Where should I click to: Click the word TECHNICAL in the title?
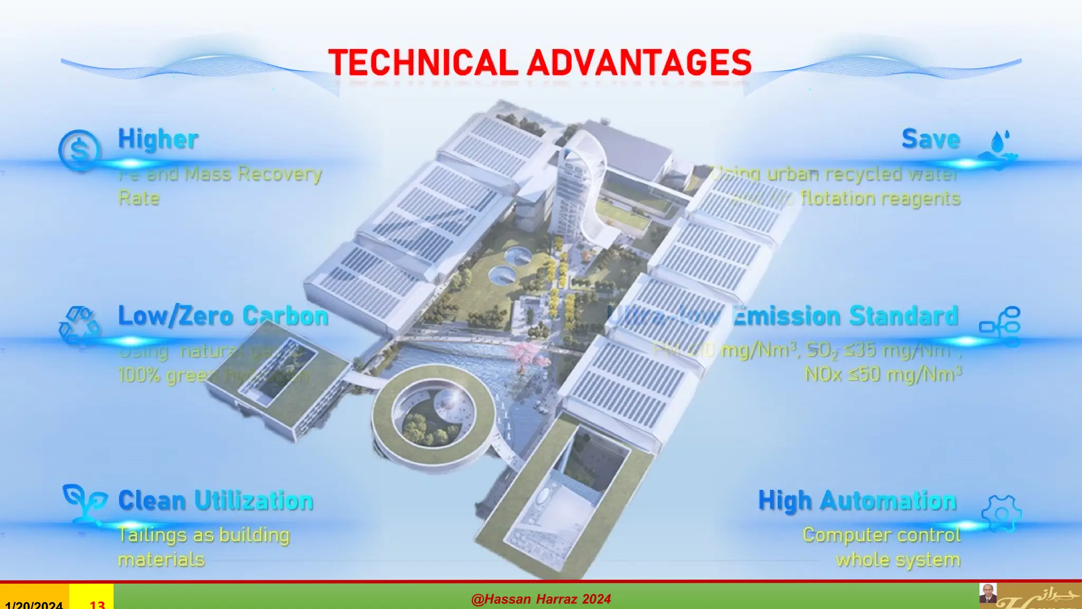(x=423, y=63)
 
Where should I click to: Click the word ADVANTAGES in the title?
(x=639, y=63)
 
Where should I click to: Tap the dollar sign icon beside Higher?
(x=79, y=151)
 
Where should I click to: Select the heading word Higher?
(x=158, y=140)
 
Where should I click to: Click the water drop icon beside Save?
(x=999, y=148)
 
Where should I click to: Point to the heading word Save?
(x=931, y=139)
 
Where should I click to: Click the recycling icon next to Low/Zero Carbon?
(x=79, y=326)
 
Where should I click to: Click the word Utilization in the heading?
(x=254, y=501)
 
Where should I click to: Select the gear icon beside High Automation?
(x=1001, y=513)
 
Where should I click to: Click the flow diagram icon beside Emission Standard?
(x=1000, y=325)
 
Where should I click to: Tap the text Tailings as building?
(x=203, y=535)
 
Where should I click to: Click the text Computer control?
(x=881, y=535)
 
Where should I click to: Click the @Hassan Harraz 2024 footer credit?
(x=541, y=599)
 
